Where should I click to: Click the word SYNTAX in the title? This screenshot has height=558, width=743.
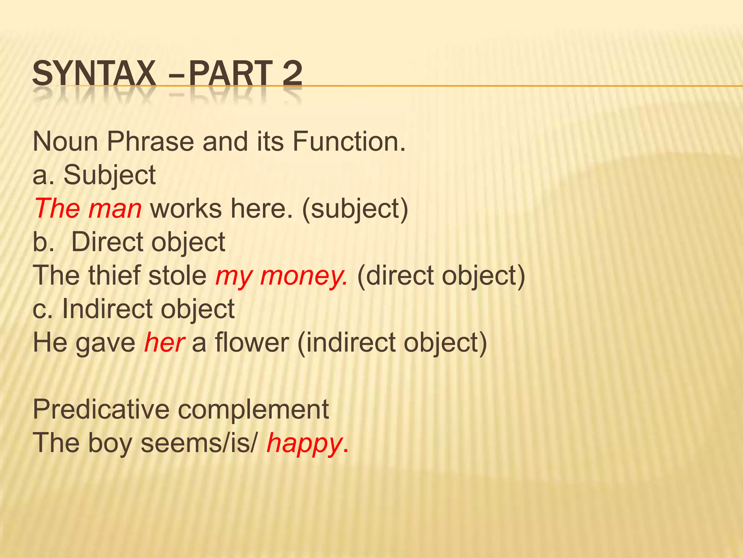(94, 74)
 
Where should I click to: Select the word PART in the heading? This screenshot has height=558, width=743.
(230, 74)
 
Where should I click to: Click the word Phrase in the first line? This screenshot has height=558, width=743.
(150, 141)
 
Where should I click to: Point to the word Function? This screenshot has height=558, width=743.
(349, 141)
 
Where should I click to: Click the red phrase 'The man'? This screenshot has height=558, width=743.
(88, 209)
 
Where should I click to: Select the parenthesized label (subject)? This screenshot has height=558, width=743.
(355, 209)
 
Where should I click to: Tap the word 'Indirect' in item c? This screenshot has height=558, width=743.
(107, 309)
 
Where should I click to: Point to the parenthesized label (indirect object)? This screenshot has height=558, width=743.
(392, 343)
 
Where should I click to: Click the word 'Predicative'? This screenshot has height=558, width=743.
(101, 409)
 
